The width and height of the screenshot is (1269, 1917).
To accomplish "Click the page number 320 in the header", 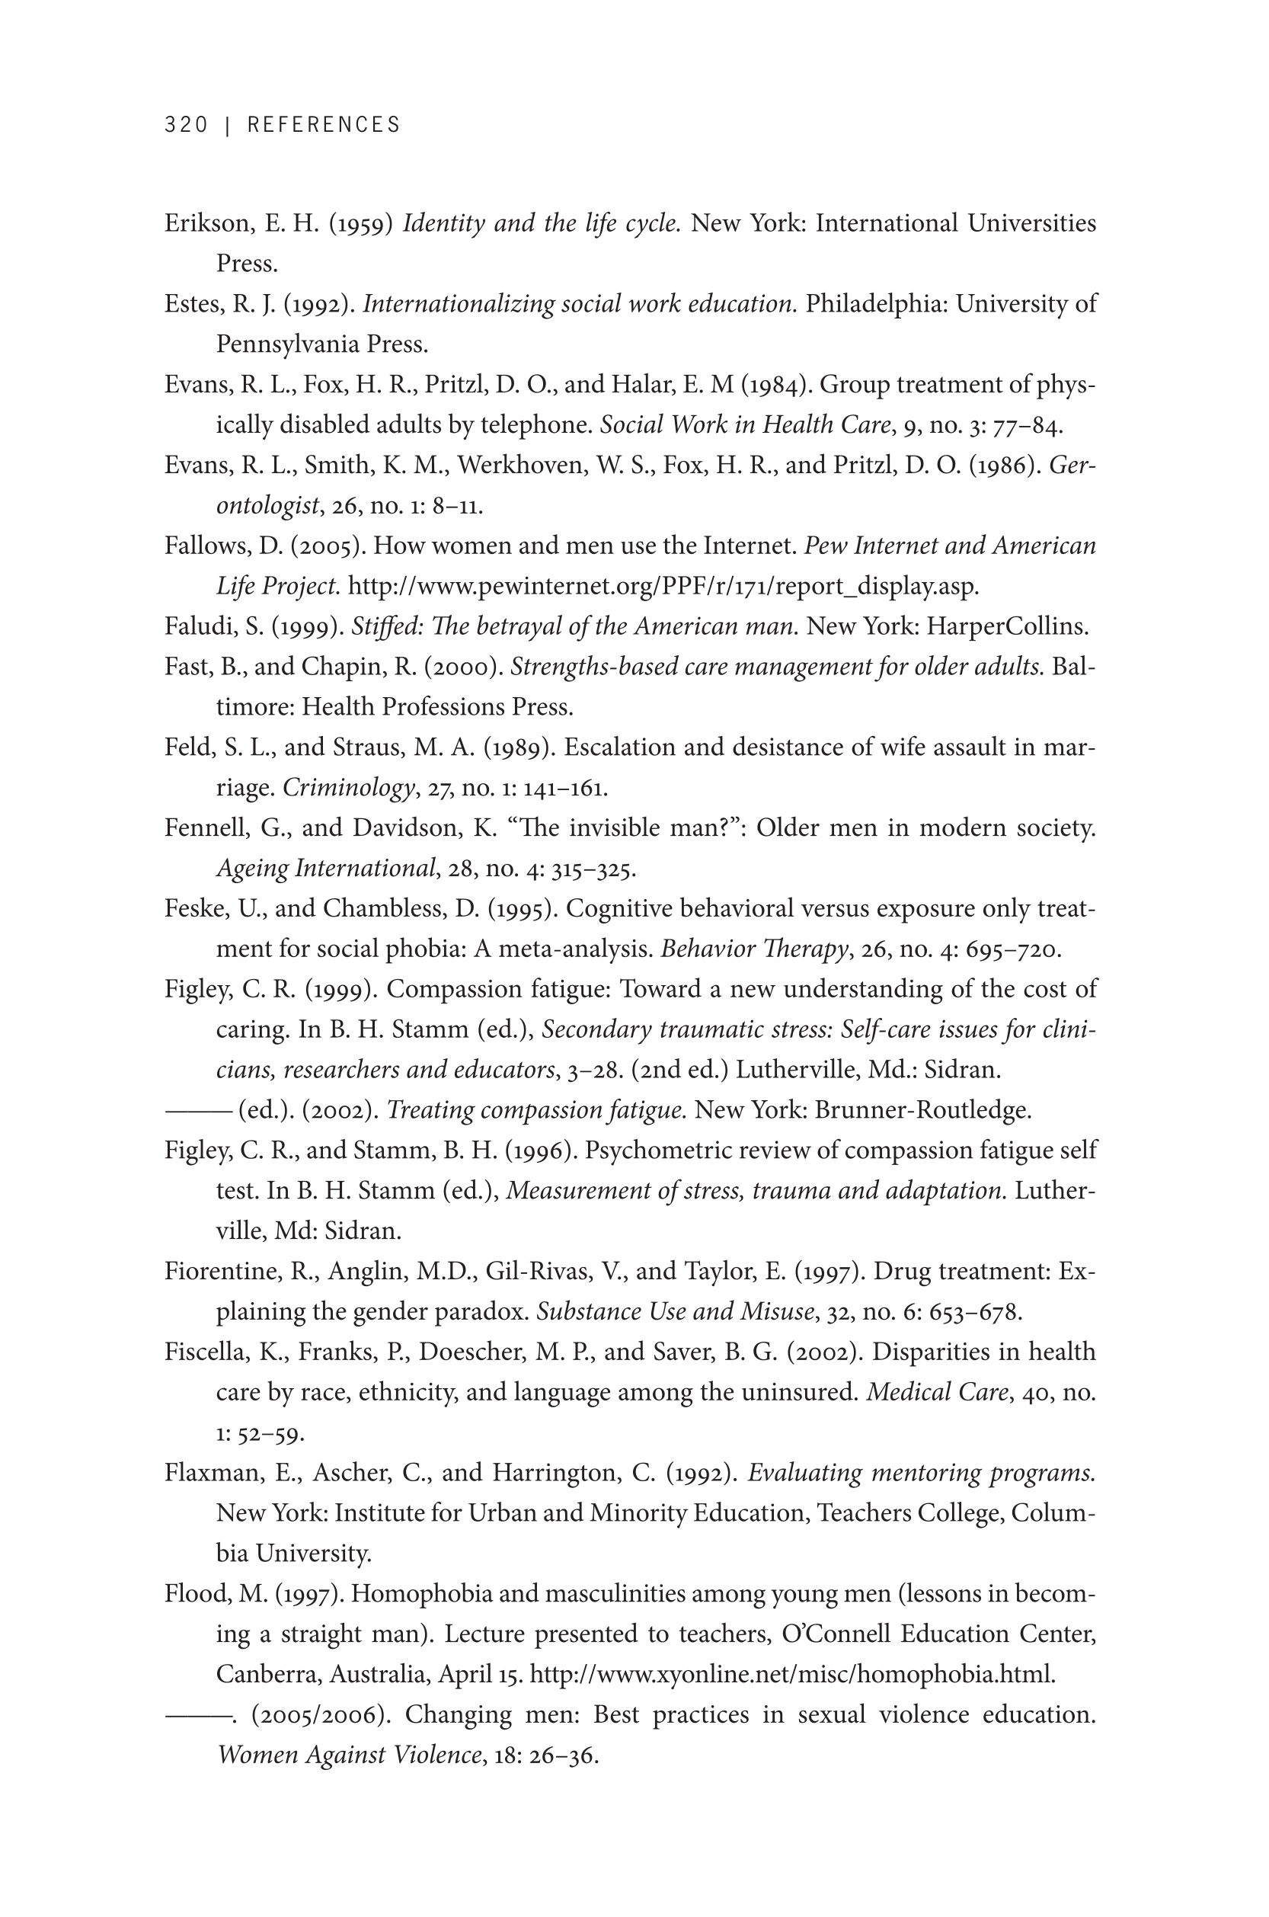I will click(x=186, y=125).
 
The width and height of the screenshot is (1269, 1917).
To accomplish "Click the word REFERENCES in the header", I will click(x=324, y=125).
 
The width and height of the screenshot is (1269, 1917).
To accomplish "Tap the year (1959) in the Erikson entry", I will click(x=360, y=223).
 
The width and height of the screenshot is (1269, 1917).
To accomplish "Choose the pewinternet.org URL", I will click(x=663, y=587).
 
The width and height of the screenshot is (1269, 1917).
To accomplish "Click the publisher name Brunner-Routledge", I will click(x=922, y=1111).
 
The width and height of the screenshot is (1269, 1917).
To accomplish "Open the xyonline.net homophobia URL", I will click(x=792, y=1675).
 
